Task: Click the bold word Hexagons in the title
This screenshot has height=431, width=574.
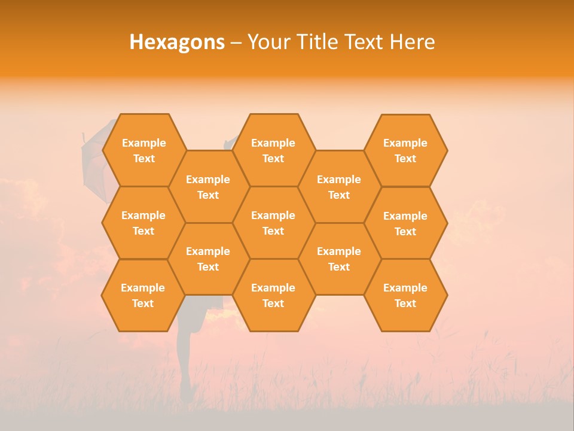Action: pos(177,42)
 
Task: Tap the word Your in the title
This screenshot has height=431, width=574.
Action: pos(265,42)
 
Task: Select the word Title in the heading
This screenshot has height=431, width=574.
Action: pos(317,42)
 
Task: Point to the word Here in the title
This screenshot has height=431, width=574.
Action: pos(413,42)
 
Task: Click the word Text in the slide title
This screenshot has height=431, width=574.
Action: pos(365,42)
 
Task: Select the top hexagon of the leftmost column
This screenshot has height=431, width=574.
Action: pos(143,150)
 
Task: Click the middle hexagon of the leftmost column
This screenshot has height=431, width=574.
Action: pos(143,223)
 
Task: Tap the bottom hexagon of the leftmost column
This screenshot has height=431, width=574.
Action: pos(143,295)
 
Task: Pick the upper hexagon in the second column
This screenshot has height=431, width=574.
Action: pos(208,187)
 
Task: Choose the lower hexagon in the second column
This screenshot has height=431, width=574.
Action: pos(208,259)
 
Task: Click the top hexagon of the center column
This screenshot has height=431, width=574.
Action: pos(273,150)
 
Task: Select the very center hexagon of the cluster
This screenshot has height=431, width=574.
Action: pos(273,223)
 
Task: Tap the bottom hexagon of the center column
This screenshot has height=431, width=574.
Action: pos(273,295)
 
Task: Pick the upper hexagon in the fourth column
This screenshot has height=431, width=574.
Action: pos(339,187)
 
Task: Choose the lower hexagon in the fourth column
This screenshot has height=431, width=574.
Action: pos(339,259)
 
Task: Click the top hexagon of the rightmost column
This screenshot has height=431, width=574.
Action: pos(405,150)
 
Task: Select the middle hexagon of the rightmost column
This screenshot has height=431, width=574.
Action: pos(405,223)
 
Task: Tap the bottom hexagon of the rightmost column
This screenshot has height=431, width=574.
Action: pos(405,295)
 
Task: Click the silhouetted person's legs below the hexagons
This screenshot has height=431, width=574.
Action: pos(185,359)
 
